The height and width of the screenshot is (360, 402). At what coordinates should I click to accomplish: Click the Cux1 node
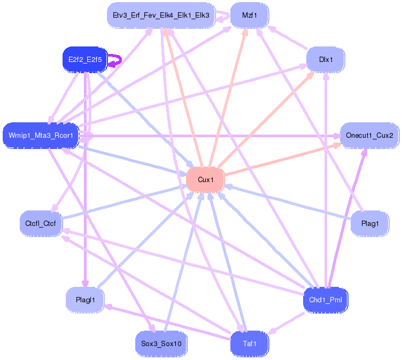(x=205, y=179)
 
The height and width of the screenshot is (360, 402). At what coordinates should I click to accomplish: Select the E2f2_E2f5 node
(x=85, y=59)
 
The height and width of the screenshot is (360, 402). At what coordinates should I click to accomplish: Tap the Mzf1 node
(x=250, y=15)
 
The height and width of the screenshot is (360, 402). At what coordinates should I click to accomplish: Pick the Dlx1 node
(x=326, y=59)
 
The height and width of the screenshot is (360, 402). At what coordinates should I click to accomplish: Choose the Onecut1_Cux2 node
(x=369, y=135)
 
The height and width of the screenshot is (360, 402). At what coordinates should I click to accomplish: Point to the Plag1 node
(x=370, y=223)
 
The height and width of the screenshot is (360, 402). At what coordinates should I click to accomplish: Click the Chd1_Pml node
(x=326, y=300)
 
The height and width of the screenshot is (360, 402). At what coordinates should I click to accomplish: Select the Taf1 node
(x=250, y=343)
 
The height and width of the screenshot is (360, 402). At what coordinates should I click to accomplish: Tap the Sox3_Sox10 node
(x=161, y=343)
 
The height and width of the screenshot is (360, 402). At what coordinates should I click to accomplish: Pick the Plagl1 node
(x=85, y=300)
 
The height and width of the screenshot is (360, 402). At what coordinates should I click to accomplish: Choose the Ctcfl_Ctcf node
(x=41, y=223)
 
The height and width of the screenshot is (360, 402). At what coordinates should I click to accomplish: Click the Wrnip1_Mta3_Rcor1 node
(x=41, y=135)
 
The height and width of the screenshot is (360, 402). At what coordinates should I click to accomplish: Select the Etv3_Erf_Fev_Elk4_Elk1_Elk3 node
(x=161, y=15)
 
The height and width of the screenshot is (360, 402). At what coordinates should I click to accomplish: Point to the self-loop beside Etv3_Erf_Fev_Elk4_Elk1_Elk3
(x=227, y=16)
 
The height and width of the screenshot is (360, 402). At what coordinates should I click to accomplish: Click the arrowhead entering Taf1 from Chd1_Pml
(x=272, y=331)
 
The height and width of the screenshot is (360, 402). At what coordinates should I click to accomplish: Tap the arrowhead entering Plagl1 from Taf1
(x=107, y=307)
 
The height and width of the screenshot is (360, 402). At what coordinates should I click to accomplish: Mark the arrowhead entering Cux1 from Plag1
(x=228, y=186)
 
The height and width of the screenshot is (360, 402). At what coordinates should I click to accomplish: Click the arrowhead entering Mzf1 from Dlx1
(x=272, y=29)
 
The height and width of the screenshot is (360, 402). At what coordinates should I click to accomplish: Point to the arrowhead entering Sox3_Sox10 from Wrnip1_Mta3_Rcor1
(x=152, y=328)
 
